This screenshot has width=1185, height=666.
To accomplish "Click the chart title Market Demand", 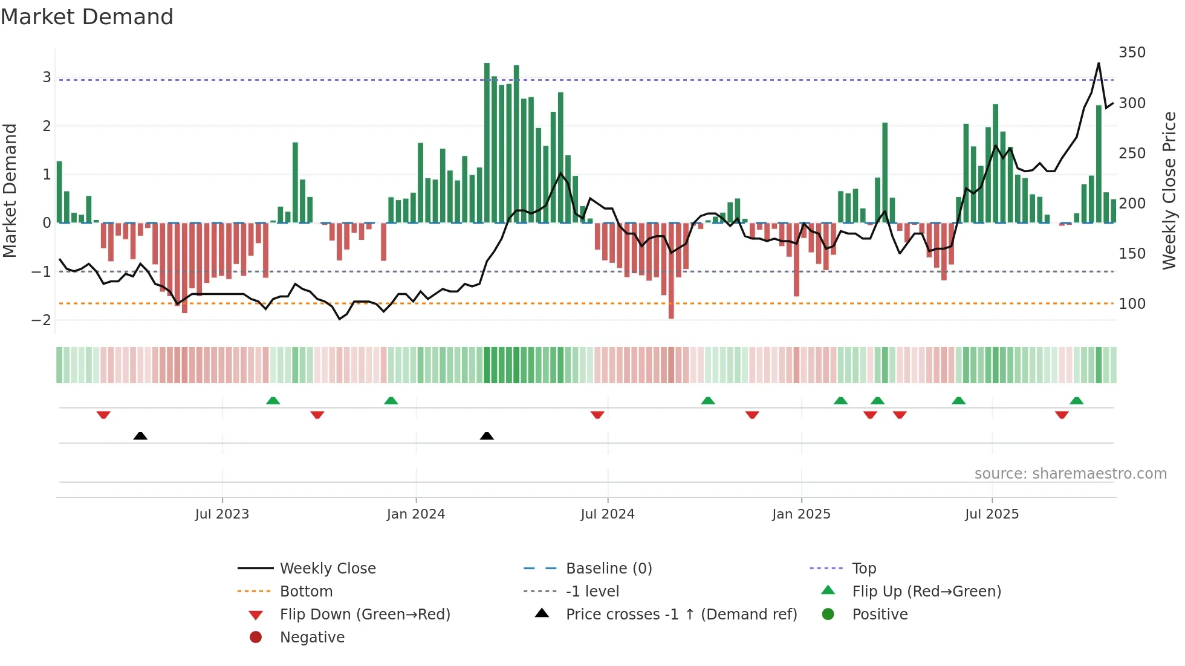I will pyautogui.click(x=87, y=17).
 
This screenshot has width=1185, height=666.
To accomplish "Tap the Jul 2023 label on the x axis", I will pyautogui.click(x=222, y=514).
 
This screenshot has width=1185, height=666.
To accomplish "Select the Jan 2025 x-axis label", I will pyautogui.click(x=801, y=514).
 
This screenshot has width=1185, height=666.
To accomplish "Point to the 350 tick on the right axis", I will pyautogui.click(x=1132, y=53).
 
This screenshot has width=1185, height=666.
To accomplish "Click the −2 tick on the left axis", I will pyautogui.click(x=41, y=320).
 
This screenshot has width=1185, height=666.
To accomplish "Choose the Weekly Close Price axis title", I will pyautogui.click(x=1169, y=190).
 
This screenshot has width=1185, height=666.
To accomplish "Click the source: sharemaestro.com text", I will pyautogui.click(x=1070, y=473).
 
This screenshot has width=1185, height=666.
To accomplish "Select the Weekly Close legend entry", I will pyautogui.click(x=328, y=568).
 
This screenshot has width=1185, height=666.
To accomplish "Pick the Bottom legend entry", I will pyautogui.click(x=306, y=591).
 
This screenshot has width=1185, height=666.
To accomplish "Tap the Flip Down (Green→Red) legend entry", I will pyautogui.click(x=365, y=614).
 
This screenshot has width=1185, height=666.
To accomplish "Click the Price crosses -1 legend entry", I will pyautogui.click(x=681, y=614).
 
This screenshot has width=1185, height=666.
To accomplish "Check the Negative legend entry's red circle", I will pyautogui.click(x=256, y=637).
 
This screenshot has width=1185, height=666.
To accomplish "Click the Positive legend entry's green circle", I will pyautogui.click(x=828, y=614).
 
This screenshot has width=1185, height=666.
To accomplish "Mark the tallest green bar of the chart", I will pyautogui.click(x=487, y=143).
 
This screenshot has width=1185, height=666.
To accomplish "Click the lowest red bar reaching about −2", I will pyautogui.click(x=671, y=271).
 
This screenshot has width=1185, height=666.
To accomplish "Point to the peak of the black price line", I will pyautogui.click(x=1099, y=63).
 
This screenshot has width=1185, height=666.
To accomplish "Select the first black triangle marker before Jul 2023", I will pyautogui.click(x=140, y=436).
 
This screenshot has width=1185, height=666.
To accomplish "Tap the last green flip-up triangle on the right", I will pyautogui.click(x=1076, y=401).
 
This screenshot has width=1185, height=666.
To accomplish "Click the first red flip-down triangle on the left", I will pyautogui.click(x=103, y=415).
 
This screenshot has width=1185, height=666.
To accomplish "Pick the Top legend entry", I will pyautogui.click(x=864, y=568).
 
